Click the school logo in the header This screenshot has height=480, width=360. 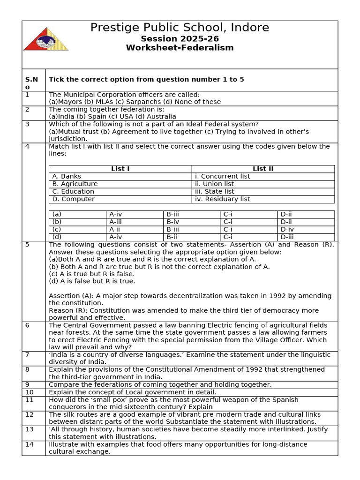46,37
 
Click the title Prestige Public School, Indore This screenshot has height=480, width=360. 180,28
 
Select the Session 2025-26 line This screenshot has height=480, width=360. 180,38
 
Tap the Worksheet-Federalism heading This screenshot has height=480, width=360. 180,48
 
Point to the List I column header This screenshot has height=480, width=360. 120,169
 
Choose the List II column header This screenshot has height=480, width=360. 263,169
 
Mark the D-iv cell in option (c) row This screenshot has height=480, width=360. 287,229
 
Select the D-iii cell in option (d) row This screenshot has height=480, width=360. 287,237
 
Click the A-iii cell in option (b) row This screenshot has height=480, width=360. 116,222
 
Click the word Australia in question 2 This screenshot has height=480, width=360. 161,117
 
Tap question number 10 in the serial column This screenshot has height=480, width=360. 30,392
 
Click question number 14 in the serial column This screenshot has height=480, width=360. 30,444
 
